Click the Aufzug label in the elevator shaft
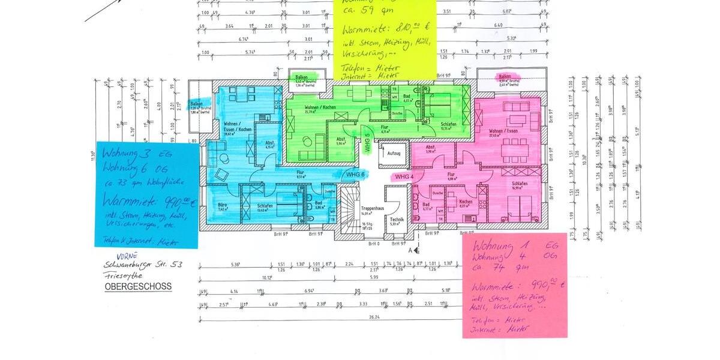[x=394, y=154]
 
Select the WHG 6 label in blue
[x=356, y=174]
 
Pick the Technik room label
[x=397, y=220]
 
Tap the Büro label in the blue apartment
[x=222, y=205]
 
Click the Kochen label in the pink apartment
[x=466, y=203]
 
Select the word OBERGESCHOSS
[x=138, y=287]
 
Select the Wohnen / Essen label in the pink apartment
[x=503, y=131]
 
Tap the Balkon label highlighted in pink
[x=504, y=77]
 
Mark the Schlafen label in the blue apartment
[x=266, y=205]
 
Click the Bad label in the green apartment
[x=406, y=96]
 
